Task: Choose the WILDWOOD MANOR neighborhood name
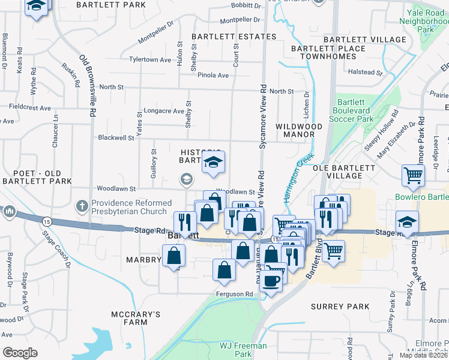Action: [298, 130]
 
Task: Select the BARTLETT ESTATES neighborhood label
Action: [234, 37]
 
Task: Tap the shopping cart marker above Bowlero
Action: [414, 175]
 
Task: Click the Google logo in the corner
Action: [19, 353]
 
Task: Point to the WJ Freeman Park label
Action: [243, 350]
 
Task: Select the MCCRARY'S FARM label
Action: [137, 318]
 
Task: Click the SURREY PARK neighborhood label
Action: [340, 306]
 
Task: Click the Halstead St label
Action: [366, 72]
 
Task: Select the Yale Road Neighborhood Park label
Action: [425, 20]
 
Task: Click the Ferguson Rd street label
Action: [235, 293]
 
